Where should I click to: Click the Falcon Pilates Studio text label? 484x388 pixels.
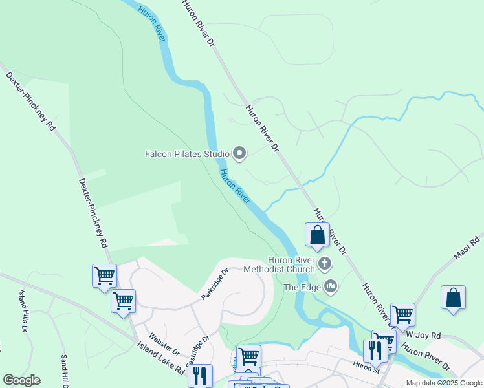tap(187, 154)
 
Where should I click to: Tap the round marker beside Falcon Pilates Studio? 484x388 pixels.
tap(240, 153)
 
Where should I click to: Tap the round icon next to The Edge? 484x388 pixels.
tap(331, 286)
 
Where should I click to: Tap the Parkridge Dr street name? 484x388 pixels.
tap(215, 284)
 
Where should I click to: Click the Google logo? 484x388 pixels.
tap(21, 380)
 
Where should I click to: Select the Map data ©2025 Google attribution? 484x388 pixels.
tap(444, 383)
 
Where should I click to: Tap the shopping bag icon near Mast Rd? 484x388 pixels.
tap(453, 298)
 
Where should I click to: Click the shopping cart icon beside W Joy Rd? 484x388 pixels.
tap(402, 314)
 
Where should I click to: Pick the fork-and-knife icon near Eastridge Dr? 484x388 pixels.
tap(200, 375)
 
